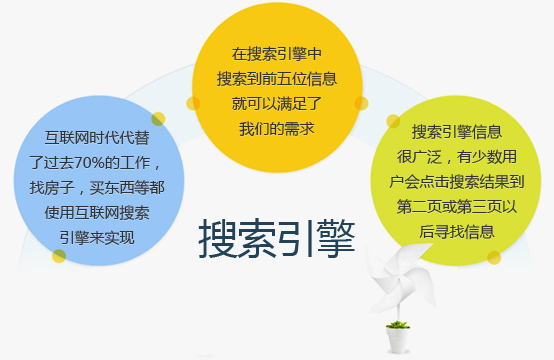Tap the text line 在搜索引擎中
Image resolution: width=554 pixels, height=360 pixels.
click(277, 52)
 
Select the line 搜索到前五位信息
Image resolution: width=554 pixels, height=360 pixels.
click(277, 77)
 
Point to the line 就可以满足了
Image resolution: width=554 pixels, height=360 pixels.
click(277, 102)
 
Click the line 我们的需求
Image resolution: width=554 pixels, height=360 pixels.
click(277, 127)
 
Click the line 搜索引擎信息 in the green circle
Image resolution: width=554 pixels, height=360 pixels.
click(456, 131)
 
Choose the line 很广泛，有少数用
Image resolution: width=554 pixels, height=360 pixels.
click(456, 156)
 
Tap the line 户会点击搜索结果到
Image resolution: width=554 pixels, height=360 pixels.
click(456, 181)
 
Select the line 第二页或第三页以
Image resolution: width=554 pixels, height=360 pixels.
click(456, 206)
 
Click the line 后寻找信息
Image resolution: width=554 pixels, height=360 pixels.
click(456, 231)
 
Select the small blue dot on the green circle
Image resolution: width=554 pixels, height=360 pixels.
click(493, 257)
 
